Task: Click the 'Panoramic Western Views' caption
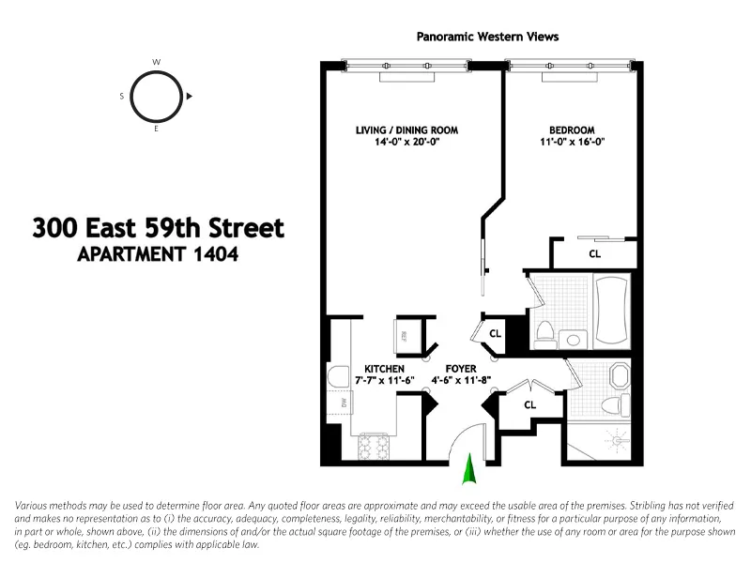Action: coord(487,37)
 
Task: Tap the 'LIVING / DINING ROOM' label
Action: coord(406,129)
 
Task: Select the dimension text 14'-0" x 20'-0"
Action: coord(406,143)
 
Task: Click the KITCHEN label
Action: coord(384,369)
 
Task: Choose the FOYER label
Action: coord(461,369)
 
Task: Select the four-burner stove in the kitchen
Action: coord(374,447)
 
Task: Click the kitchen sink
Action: coord(338,377)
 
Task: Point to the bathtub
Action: coord(615,310)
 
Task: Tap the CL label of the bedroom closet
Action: coord(594,253)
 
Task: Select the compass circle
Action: coord(156,96)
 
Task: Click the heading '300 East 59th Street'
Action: coord(158,228)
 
